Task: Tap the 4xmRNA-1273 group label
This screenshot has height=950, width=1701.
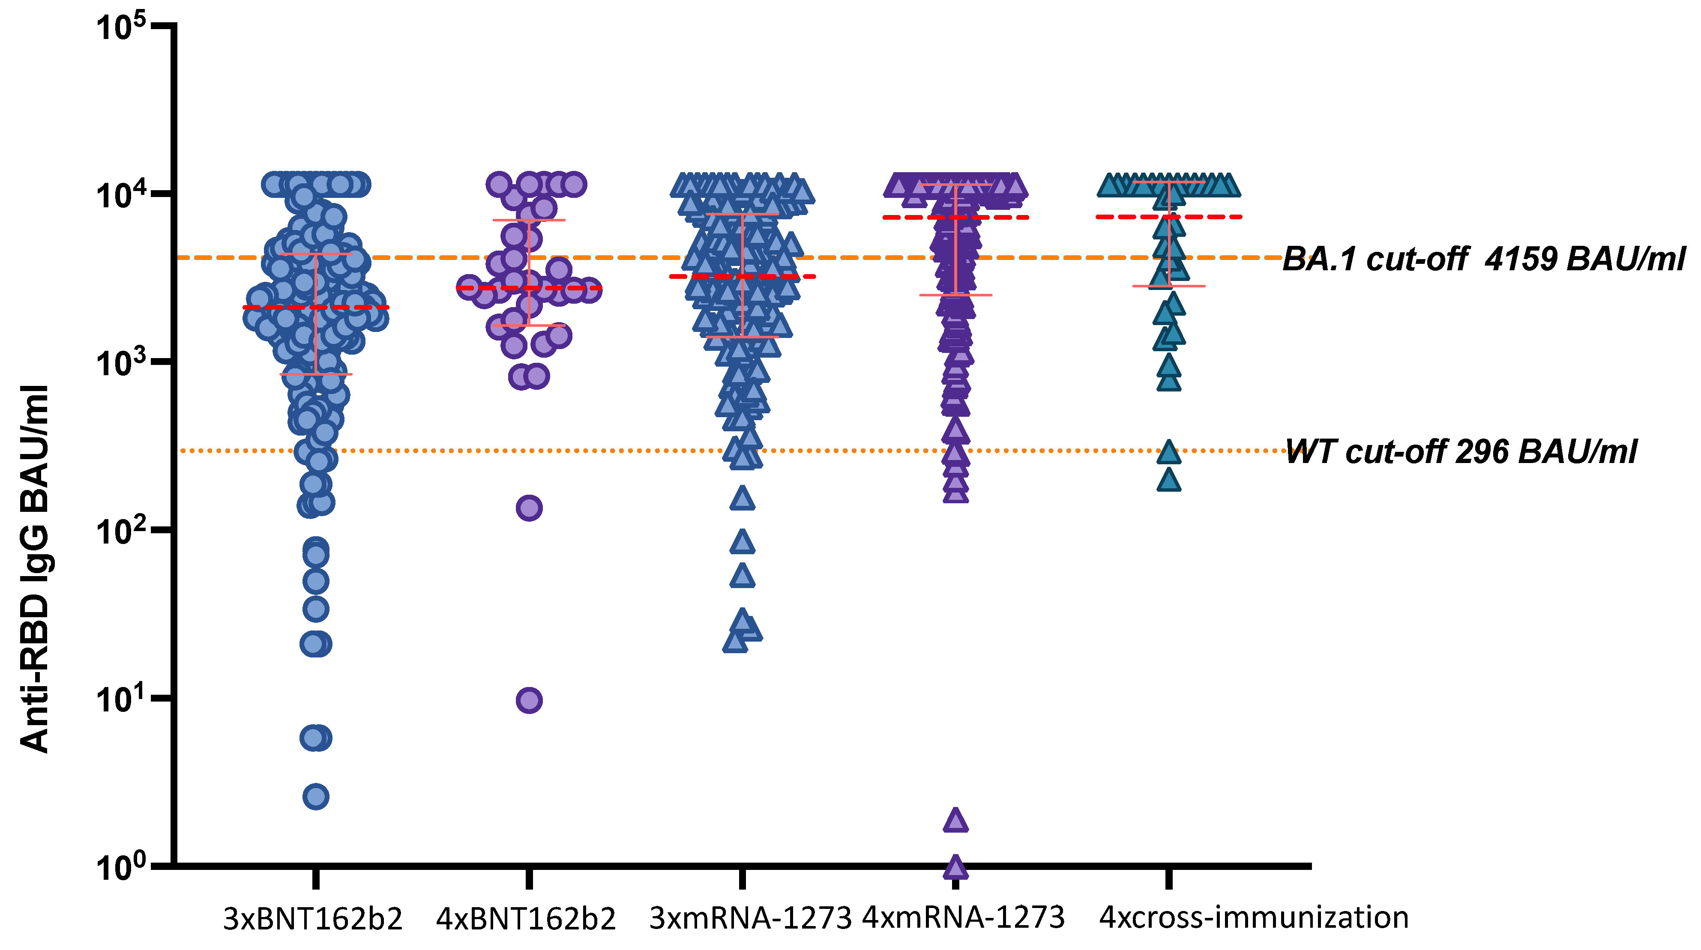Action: [964, 917]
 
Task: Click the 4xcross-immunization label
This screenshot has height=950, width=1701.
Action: [1253, 917]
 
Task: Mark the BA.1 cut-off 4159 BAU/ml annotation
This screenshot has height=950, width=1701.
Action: [1483, 259]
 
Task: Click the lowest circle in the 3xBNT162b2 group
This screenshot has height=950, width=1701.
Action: [316, 797]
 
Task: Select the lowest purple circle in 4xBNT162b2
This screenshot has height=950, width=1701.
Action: [529, 700]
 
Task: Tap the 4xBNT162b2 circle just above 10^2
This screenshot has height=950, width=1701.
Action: [529, 508]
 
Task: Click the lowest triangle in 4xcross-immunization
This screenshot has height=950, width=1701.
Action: [1169, 480]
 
